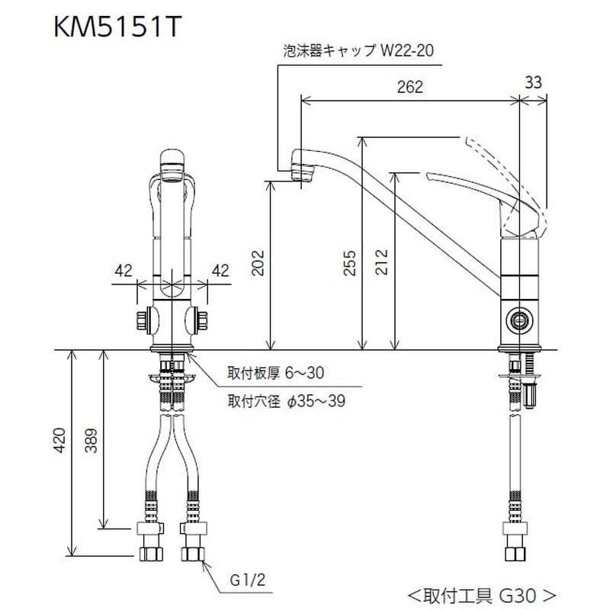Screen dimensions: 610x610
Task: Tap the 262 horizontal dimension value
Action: tap(410, 87)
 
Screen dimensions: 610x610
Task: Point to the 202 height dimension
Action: tap(257, 264)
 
